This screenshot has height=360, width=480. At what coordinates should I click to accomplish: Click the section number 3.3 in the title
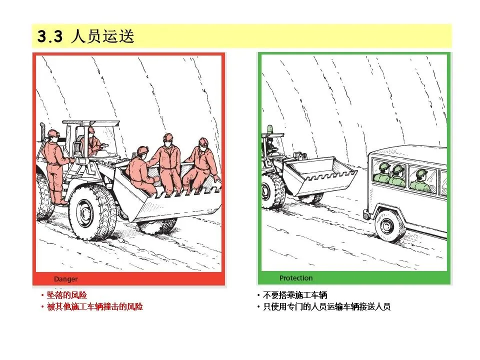tap(50, 36)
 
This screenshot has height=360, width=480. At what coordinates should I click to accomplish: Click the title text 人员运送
tap(102, 36)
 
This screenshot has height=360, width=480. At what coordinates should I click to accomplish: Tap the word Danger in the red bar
tap(66, 279)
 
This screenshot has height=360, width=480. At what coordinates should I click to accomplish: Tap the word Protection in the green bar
tap(296, 278)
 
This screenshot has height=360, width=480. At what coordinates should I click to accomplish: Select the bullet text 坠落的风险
tap(67, 295)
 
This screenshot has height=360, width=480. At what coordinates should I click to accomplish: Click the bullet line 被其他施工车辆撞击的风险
tap(95, 306)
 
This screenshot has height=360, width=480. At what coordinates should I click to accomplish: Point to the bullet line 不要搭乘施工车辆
tap(295, 295)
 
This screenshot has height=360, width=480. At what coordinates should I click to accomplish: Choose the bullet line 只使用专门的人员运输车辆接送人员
tap(326, 306)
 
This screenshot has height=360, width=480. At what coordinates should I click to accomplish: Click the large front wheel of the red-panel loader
tap(92, 212)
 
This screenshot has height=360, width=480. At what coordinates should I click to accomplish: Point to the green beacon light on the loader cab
tap(269, 129)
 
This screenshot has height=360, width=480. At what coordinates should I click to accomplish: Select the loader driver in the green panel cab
tap(270, 147)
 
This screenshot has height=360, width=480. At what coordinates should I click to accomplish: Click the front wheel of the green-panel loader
tap(272, 191)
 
